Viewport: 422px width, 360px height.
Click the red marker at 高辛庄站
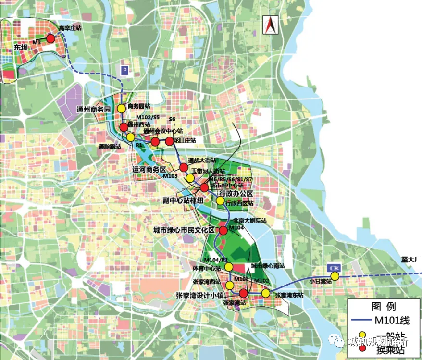[x=50, y=38]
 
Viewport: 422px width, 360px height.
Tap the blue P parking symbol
[x=125, y=70]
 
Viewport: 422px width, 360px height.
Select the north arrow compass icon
[x=270, y=25]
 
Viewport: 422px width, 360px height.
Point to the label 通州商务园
[x=94, y=110]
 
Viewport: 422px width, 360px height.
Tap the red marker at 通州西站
[x=124, y=127]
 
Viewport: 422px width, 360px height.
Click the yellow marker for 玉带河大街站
[x=190, y=178]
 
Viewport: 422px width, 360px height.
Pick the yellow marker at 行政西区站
[x=221, y=200]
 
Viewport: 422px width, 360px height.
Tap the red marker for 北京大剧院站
[x=223, y=231]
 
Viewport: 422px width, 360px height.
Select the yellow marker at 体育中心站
[x=229, y=267]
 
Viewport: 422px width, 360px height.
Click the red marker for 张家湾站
[x=243, y=293]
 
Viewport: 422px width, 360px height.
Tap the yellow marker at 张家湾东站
[x=266, y=293]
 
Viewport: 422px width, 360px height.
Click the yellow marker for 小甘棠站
[x=335, y=276]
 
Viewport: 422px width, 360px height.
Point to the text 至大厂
[x=411, y=260]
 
